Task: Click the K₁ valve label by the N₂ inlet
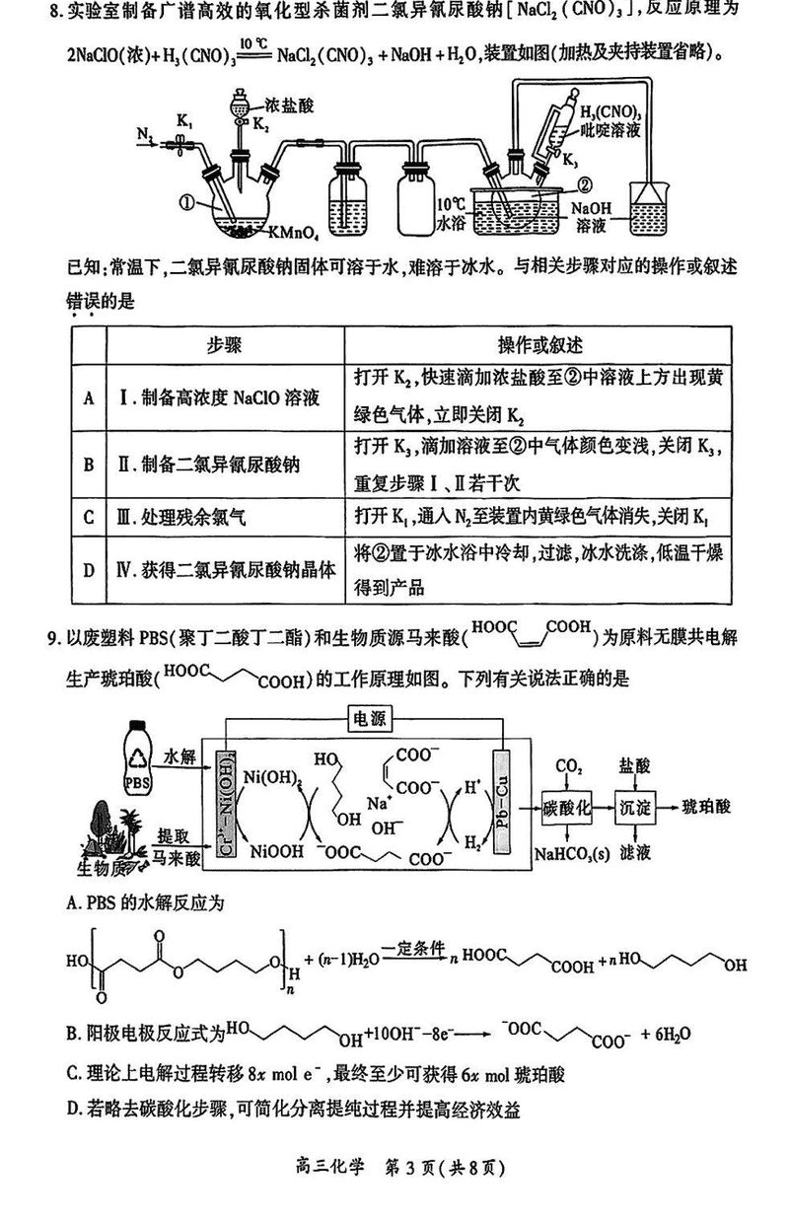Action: click(x=184, y=120)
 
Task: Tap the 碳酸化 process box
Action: click(x=566, y=808)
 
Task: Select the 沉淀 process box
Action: click(x=635, y=808)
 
